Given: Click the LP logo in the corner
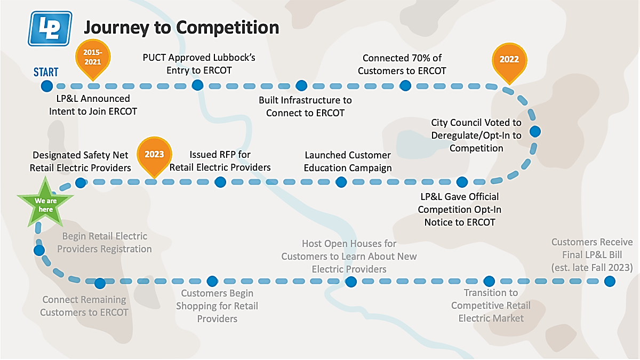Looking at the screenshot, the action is coord(50,29).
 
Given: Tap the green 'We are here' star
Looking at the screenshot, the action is coord(45,203).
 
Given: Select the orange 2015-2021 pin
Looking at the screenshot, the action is coord(93,59).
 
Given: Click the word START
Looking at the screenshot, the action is coord(46,72).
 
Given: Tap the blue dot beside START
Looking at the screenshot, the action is coord(47,86).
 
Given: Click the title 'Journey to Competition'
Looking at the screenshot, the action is coord(181,28).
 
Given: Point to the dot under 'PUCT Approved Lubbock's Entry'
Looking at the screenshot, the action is coord(197,85).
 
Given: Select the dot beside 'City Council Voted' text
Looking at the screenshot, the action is coord(535,131).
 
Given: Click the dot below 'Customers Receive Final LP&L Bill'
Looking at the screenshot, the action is coord(610,282).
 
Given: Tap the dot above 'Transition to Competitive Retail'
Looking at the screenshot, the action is coord(489,282).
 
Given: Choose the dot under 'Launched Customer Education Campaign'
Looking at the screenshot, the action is coord(341,182).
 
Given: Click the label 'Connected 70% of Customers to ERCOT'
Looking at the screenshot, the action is coord(402,65).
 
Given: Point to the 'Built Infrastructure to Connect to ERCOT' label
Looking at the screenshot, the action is coord(305,107).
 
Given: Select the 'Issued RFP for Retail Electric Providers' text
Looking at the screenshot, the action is coord(220,161).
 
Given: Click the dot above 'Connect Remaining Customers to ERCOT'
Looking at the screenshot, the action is coord(100,283).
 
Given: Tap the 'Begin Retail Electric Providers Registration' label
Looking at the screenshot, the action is coord(105,243).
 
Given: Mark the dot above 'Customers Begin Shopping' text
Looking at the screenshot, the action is coord(212,282).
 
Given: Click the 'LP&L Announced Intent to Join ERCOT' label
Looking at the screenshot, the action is coord(93,105).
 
